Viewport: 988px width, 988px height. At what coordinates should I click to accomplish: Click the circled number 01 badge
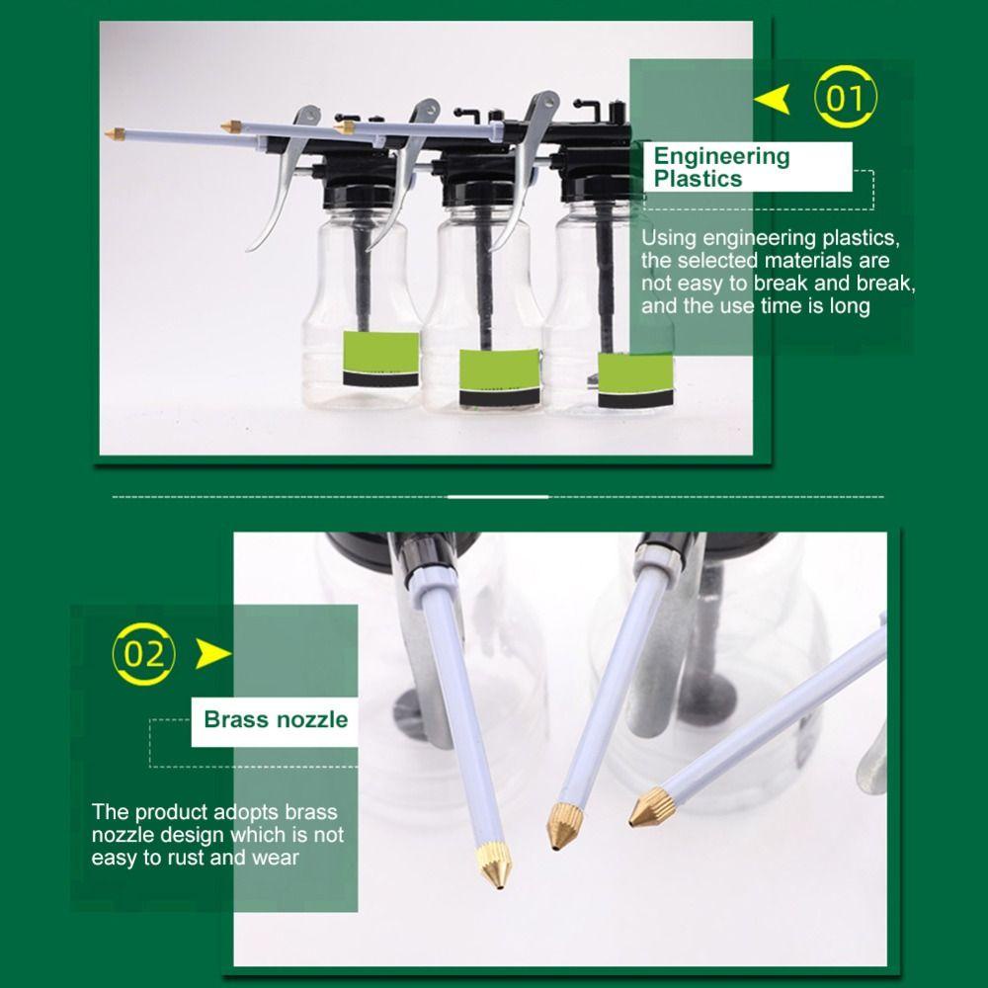coord(845,97)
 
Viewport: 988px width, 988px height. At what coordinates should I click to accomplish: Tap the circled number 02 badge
coord(143,653)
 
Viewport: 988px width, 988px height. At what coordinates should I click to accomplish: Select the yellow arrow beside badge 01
coord(773,100)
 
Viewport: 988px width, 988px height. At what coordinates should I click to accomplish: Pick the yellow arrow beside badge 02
coord(212,653)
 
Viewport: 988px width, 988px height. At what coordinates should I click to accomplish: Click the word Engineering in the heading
coord(721,156)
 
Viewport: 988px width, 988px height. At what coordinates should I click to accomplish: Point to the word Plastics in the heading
coord(699,179)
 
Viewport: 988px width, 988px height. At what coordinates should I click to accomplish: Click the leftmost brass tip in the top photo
coord(115,133)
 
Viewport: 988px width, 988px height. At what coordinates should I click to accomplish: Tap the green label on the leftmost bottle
coord(380,359)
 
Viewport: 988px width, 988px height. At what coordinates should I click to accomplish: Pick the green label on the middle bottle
coord(500,376)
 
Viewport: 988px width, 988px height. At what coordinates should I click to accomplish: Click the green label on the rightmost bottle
coord(635,380)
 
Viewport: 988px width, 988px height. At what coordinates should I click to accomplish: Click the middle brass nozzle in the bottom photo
coord(563,825)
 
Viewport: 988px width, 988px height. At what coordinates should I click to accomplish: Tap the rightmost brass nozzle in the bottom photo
coord(651,808)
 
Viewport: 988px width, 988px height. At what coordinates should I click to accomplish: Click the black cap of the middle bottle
coord(477,191)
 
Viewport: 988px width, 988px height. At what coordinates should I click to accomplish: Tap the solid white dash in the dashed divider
coord(498,497)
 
